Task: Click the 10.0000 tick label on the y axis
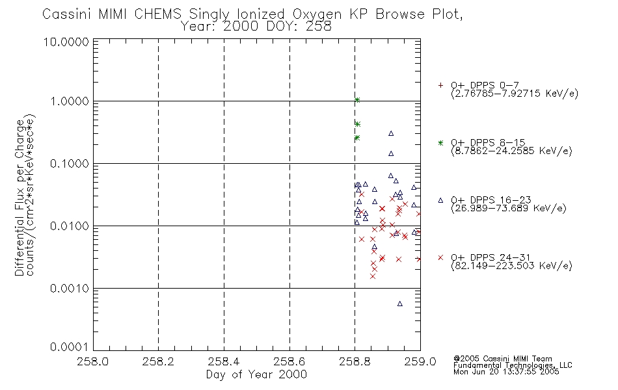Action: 66,42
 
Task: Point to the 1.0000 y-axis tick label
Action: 70,101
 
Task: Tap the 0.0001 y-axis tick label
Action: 70,346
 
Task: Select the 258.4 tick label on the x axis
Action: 224,361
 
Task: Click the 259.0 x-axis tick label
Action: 420,361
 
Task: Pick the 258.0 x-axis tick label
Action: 93,361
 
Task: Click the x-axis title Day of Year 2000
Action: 256,374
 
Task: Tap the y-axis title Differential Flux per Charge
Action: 20,198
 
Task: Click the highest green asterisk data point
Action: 357,100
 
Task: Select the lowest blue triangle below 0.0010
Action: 399,304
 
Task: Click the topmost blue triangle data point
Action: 391,133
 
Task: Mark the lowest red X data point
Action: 373,276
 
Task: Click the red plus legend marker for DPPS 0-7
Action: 440,85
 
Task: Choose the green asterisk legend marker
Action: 440,142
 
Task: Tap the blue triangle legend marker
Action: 440,200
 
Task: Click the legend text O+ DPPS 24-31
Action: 490,257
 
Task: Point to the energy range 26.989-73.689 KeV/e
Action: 509,208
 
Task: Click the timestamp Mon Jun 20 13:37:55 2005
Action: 506,372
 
